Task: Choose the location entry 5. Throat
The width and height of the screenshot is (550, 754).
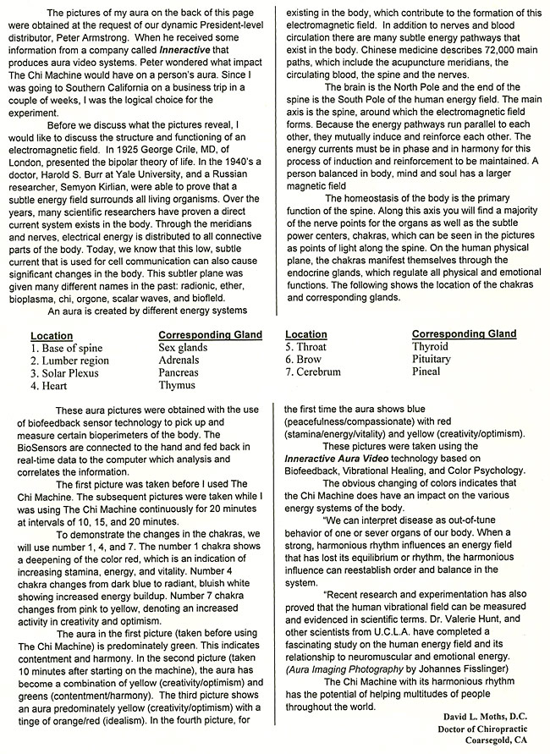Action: [x=305, y=347]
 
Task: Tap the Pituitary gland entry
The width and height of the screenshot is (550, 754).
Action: [x=431, y=360]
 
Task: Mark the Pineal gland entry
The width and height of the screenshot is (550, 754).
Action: [x=426, y=371]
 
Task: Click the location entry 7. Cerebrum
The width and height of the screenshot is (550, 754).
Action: [x=313, y=371]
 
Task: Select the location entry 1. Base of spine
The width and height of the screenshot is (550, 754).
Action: [x=66, y=348]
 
